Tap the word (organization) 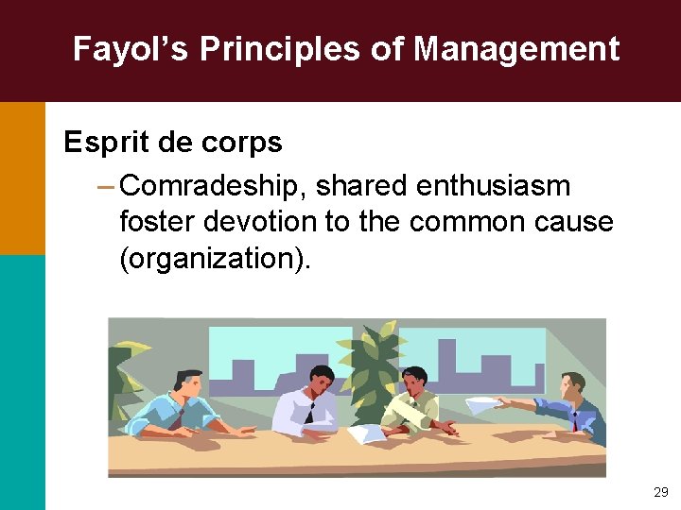214,258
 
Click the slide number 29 660,492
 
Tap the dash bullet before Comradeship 105,186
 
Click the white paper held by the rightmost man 485,405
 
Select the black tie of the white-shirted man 309,412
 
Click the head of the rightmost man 572,384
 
